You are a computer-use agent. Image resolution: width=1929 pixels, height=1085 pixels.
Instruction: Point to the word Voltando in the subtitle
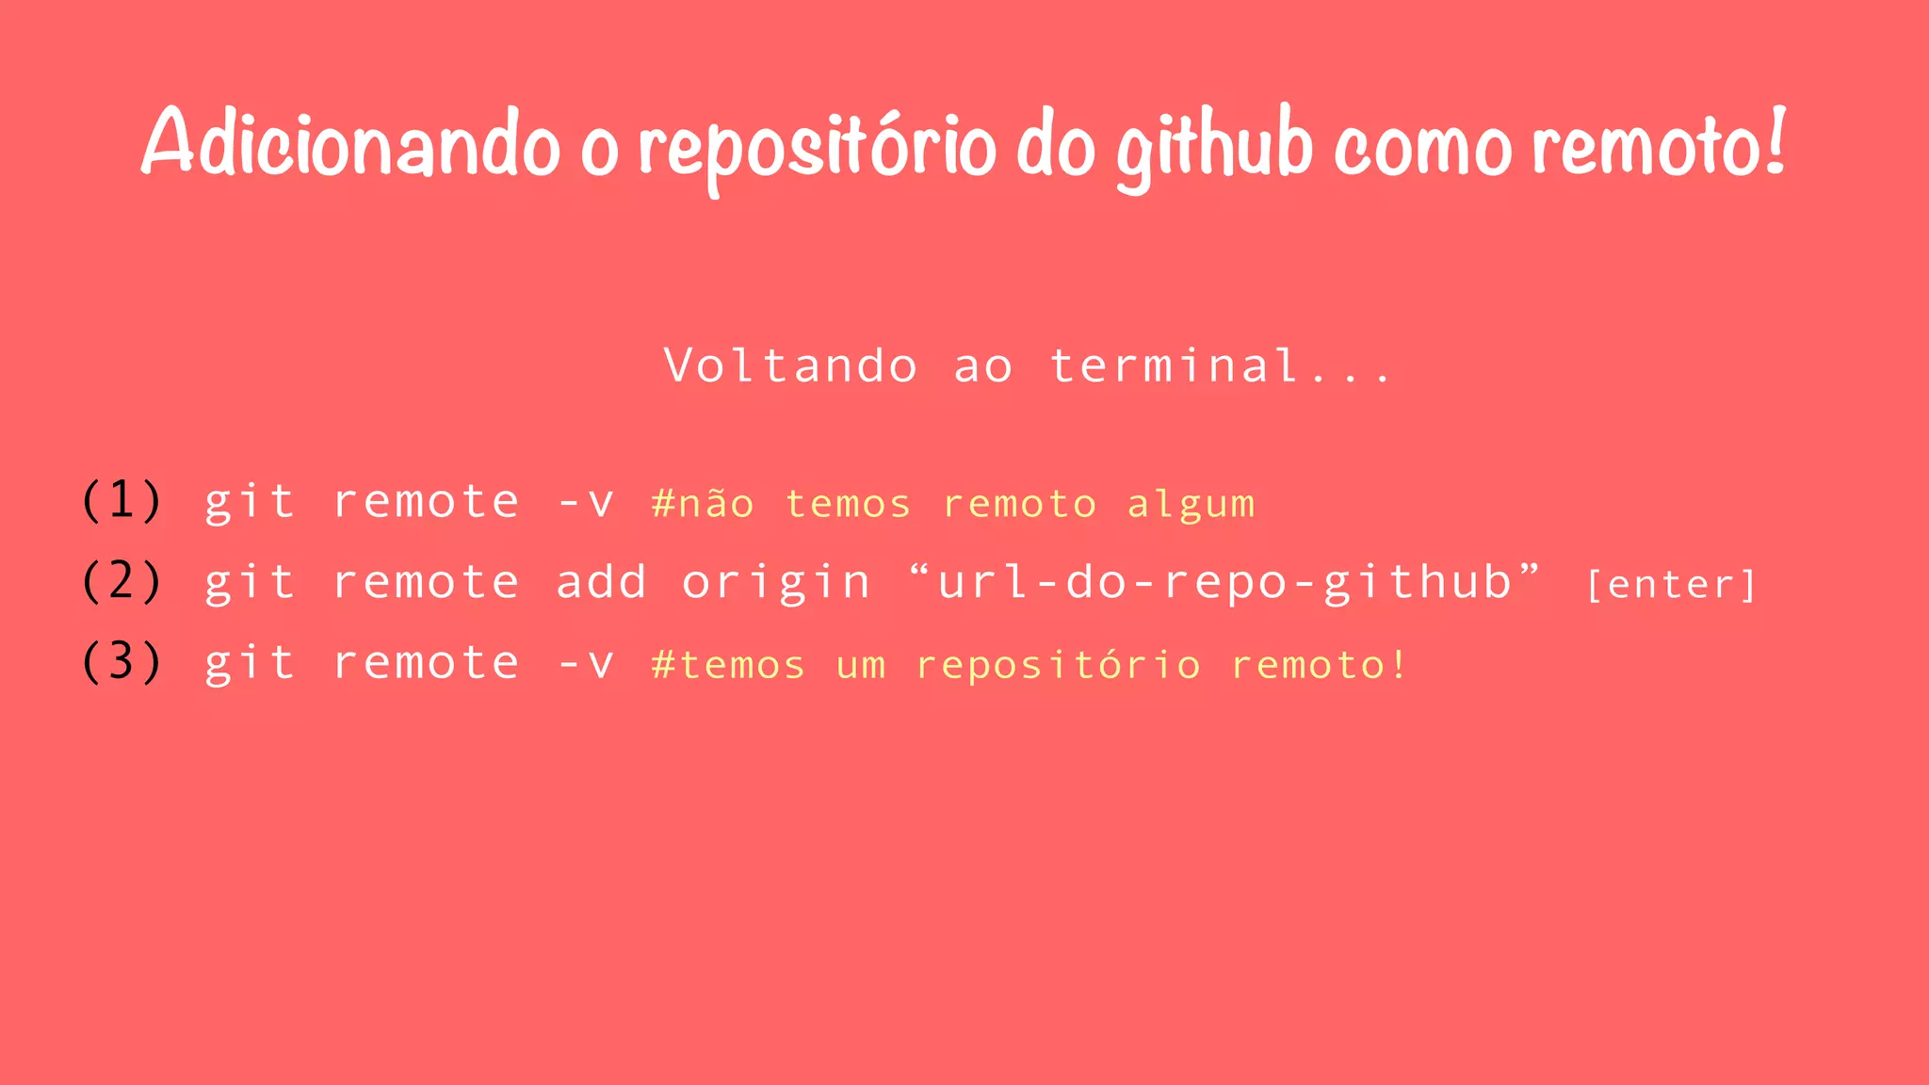(x=790, y=365)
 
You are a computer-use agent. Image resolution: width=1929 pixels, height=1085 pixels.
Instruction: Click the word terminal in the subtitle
(x=1175, y=365)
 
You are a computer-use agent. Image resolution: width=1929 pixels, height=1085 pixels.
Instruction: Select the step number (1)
(x=122, y=500)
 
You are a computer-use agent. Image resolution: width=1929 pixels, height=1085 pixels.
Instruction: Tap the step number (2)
(x=122, y=581)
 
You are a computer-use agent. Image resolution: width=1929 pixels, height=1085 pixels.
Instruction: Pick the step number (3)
(x=122, y=662)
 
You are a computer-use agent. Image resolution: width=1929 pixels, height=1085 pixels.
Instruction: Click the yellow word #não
(x=703, y=504)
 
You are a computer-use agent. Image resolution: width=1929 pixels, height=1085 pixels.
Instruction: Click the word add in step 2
(x=601, y=581)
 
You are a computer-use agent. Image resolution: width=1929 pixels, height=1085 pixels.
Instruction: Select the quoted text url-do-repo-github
(x=1224, y=582)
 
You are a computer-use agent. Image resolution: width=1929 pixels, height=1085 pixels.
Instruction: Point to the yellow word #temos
(x=728, y=666)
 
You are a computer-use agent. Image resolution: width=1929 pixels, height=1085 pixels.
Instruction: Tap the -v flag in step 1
(x=585, y=502)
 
